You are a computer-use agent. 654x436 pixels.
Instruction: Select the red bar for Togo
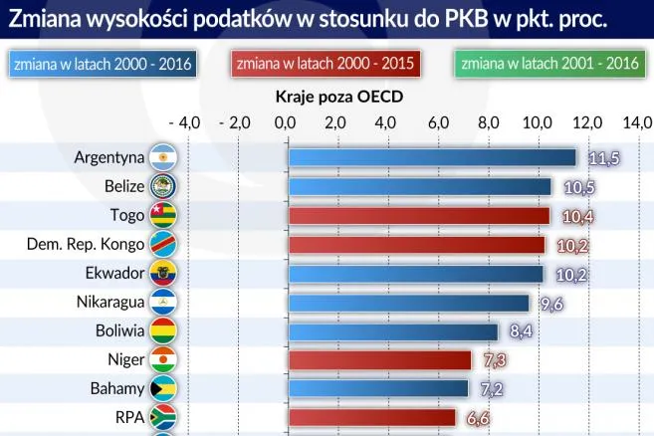pyautogui.click(x=418, y=216)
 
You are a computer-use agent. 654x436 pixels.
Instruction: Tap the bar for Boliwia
pyautogui.click(x=393, y=331)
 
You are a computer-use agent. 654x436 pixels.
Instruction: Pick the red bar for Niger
pyautogui.click(x=379, y=360)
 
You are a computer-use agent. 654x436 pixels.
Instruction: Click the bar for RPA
pyautogui.click(x=371, y=418)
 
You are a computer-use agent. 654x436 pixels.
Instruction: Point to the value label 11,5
pyautogui.click(x=603, y=158)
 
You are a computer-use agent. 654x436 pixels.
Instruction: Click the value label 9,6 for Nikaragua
pyautogui.click(x=551, y=304)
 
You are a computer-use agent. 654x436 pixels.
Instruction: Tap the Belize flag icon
pyautogui.click(x=162, y=186)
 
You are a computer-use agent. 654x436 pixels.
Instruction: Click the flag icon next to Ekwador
pyautogui.click(x=162, y=274)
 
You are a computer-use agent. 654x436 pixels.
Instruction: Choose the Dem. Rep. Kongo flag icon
pyautogui.click(x=162, y=245)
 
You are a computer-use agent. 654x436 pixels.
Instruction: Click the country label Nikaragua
pyautogui.click(x=110, y=303)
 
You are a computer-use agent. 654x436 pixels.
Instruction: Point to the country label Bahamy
pyautogui.click(x=117, y=389)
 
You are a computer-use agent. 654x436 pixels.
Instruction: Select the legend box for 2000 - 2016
pyautogui.click(x=103, y=64)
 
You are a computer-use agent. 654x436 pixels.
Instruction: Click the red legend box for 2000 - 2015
pyautogui.click(x=326, y=64)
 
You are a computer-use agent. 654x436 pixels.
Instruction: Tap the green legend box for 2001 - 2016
pyautogui.click(x=548, y=64)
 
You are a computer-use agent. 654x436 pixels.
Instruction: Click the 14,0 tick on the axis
pyautogui.click(x=637, y=122)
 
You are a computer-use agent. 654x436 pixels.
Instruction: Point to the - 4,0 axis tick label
pyautogui.click(x=185, y=122)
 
